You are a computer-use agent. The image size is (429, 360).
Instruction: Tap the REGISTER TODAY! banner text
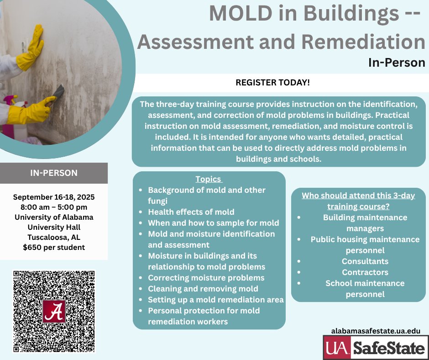point(272,83)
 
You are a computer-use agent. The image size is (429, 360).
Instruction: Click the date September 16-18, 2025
point(54,198)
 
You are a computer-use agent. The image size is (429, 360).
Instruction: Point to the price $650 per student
point(54,248)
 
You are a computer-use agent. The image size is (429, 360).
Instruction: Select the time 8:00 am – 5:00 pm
point(54,207)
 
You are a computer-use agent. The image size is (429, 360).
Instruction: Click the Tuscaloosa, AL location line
point(54,238)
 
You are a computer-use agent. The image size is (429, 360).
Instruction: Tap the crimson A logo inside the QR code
point(54,311)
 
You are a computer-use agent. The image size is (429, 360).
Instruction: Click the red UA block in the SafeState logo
point(337,348)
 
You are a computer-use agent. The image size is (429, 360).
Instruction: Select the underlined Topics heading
point(209,179)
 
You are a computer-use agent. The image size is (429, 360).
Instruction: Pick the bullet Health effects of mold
point(191,212)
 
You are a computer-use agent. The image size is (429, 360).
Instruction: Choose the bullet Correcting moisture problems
point(206,277)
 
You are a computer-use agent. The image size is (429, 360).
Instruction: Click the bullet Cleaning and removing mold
point(203,288)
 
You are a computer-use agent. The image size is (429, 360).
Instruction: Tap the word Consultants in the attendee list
point(365,261)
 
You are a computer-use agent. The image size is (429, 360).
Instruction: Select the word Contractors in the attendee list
point(365,272)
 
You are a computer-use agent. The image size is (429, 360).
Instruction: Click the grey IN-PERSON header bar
point(54,173)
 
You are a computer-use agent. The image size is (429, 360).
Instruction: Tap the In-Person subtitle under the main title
point(396,62)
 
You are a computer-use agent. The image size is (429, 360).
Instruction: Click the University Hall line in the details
point(54,228)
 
